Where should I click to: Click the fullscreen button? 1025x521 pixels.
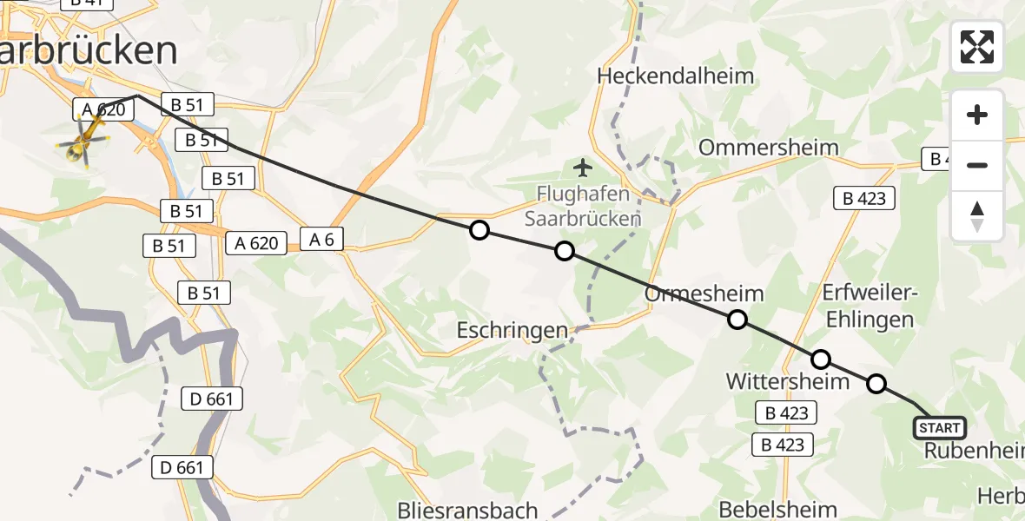[977, 47]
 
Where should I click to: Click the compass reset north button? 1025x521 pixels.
[977, 216]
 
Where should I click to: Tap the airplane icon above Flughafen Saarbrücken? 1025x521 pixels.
[582, 166]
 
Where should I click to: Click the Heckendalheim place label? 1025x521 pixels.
[676, 76]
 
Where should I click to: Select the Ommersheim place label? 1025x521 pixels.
[769, 147]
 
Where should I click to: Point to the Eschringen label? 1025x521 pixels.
[512, 330]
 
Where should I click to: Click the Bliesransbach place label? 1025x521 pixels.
[467, 510]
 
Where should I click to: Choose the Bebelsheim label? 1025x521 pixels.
[778, 510]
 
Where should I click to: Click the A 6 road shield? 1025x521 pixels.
[322, 239]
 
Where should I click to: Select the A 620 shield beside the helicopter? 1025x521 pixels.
[103, 109]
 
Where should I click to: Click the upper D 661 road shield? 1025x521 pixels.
[212, 399]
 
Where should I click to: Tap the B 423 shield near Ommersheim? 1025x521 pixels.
[864, 198]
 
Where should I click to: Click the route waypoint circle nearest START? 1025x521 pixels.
[876, 383]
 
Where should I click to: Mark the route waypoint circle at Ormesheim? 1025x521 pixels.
[737, 320]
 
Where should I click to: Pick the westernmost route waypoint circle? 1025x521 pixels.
[479, 230]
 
